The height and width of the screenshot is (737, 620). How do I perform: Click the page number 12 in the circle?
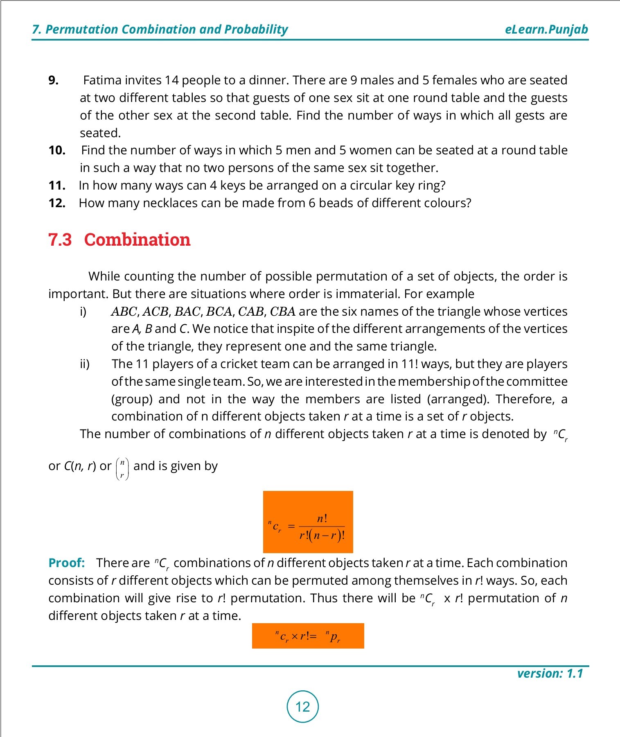pyautogui.click(x=302, y=707)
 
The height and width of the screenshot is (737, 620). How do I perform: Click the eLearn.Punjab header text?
pyautogui.click(x=546, y=29)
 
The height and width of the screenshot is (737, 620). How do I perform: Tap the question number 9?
pyautogui.click(x=53, y=80)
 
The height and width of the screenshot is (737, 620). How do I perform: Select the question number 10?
pyautogui.click(x=57, y=150)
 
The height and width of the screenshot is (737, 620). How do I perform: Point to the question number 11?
pyautogui.click(x=57, y=185)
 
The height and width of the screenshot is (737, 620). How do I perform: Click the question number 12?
pyautogui.click(x=57, y=203)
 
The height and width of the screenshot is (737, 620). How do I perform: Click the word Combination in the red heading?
pyautogui.click(x=137, y=240)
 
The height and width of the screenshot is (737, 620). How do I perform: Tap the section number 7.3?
pyautogui.click(x=60, y=240)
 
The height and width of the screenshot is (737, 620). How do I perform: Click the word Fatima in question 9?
pyautogui.click(x=101, y=80)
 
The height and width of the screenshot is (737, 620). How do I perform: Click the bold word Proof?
pyautogui.click(x=66, y=563)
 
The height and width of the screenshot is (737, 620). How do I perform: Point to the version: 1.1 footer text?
pyautogui.click(x=550, y=674)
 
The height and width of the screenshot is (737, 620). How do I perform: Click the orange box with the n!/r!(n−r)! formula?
pyautogui.click(x=308, y=522)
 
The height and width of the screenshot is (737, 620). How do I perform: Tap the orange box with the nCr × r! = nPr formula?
pyautogui.click(x=308, y=636)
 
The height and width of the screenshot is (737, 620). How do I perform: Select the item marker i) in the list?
pyautogui.click(x=83, y=312)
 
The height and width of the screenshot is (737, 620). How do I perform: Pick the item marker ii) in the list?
pyautogui.click(x=84, y=364)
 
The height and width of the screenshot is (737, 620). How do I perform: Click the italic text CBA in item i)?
pyautogui.click(x=282, y=312)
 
